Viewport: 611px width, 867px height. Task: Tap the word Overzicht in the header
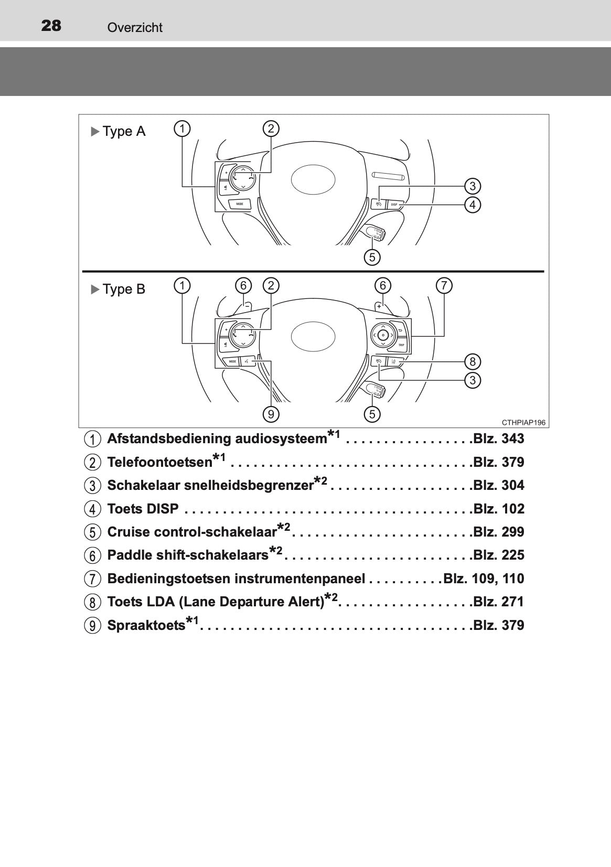135,28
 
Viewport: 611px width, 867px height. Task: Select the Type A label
124,131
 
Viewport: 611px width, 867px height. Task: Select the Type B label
124,289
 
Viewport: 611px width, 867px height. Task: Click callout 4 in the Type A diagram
473,205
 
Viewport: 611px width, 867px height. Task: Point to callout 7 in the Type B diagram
444,286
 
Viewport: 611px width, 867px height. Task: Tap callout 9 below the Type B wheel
271,414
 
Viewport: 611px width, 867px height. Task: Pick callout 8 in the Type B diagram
473,361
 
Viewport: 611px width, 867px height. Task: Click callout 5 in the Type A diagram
372,257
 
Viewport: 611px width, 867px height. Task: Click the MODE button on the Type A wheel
239,204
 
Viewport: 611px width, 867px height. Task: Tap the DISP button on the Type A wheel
394,204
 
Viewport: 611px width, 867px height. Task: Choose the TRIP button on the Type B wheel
401,345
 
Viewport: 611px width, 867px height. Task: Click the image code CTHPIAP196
523,422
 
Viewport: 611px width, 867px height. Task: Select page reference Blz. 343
499,439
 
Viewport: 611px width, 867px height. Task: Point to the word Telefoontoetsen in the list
159,462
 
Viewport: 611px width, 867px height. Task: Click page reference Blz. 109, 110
484,579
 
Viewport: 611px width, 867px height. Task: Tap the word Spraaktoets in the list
146,625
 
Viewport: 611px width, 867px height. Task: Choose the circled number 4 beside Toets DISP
92,509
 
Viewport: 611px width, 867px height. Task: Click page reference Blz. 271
499,602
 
